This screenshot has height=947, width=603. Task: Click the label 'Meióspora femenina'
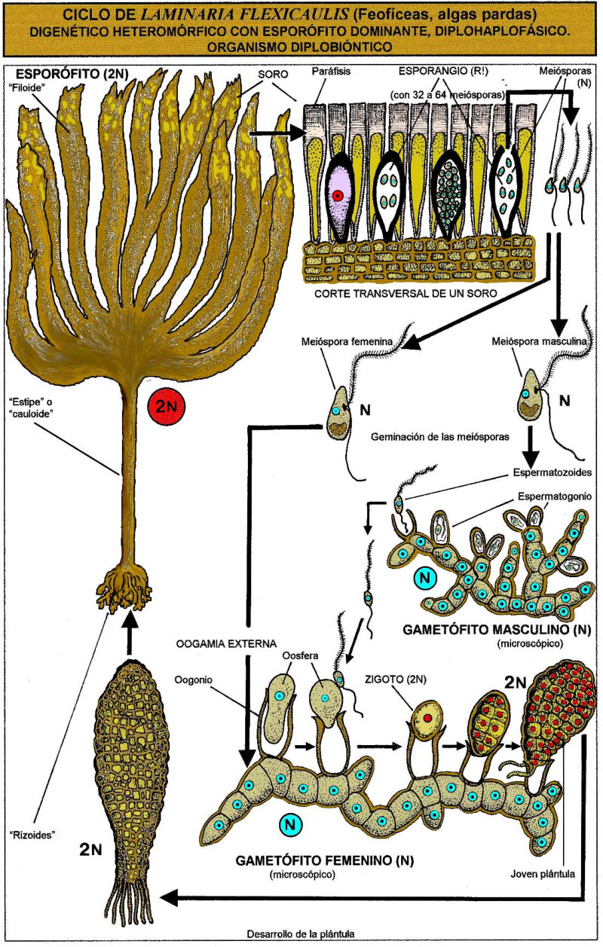coord(346,342)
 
